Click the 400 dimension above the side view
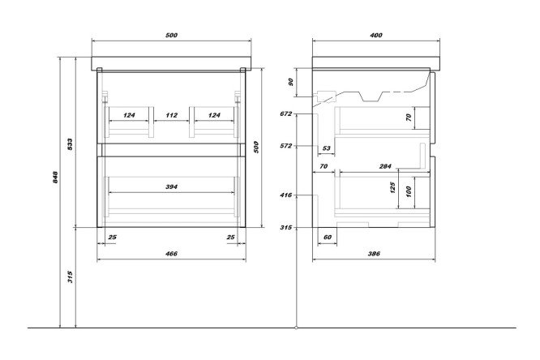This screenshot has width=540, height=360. coord(375,36)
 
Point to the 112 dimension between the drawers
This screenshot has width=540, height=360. coord(171,115)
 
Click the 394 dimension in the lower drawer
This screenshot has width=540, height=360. coord(171,187)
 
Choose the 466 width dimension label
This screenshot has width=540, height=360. coord(171,255)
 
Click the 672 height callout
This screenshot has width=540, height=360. coord(285,115)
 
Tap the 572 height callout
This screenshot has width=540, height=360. coord(285,147)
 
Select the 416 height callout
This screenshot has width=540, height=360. coord(285,195)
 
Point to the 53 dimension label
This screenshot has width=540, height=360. coord(326,148)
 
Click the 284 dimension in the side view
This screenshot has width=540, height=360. coord(384,166)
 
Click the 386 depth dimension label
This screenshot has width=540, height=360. coord(374,255)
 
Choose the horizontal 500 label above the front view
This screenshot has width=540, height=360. coord(171,36)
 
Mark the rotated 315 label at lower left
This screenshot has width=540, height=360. coord(71,276)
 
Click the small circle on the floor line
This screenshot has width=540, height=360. coord(298,328)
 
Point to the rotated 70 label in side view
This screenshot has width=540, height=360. coord(409,118)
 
